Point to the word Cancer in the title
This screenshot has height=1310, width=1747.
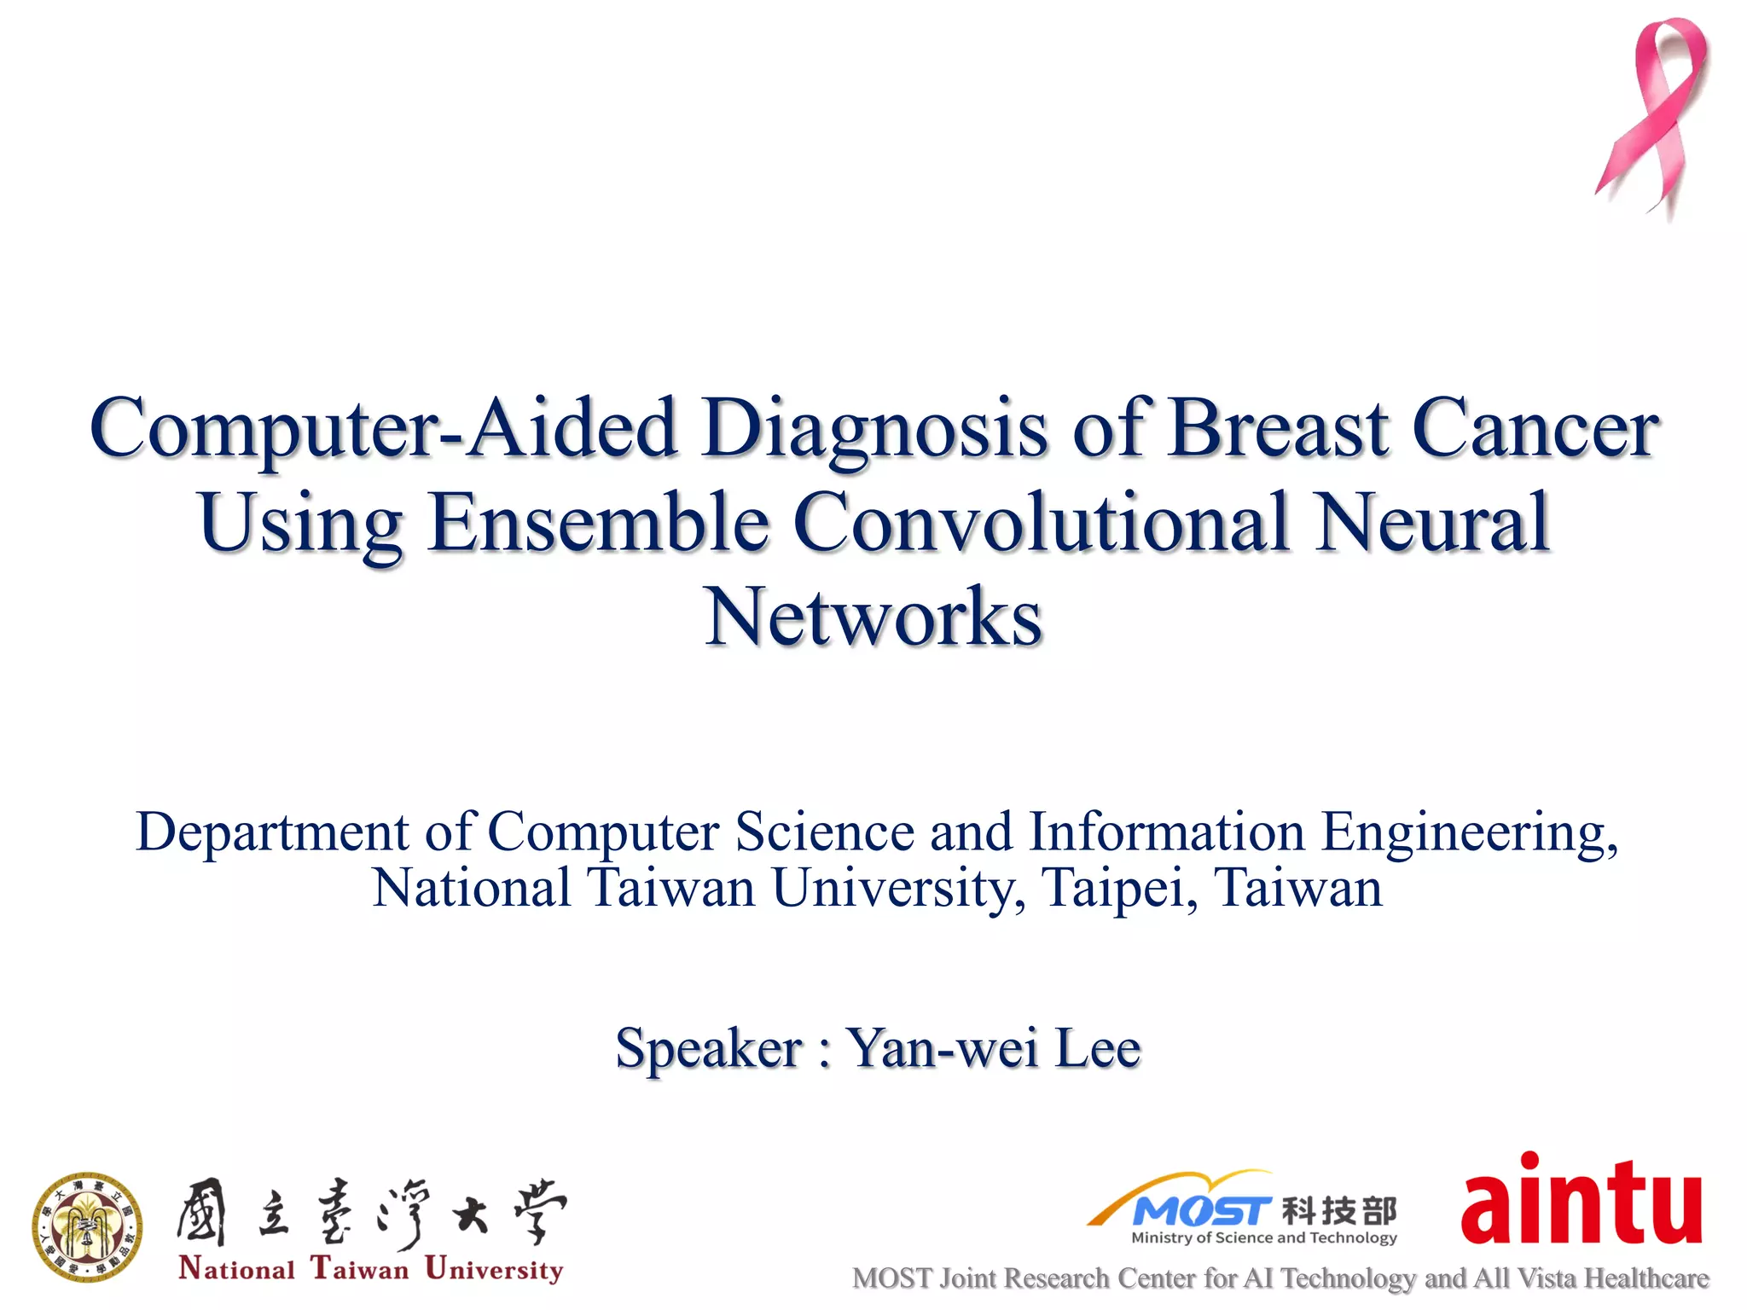pyautogui.click(x=1535, y=429)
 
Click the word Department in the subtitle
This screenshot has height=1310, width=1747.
pyautogui.click(x=273, y=833)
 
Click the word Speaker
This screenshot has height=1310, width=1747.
pyautogui.click(x=709, y=1048)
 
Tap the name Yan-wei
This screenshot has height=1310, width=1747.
pyautogui.click(x=943, y=1048)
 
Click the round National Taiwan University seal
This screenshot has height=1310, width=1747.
pyautogui.click(x=87, y=1226)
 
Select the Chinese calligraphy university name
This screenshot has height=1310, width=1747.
pyautogui.click(x=371, y=1213)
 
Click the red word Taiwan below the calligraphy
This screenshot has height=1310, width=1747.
pyautogui.click(x=360, y=1269)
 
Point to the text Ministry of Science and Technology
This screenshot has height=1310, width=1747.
pyautogui.click(x=1263, y=1238)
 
